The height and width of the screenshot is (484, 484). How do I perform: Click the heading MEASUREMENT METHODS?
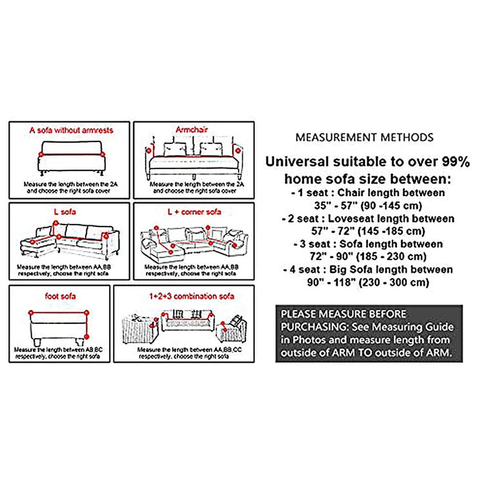[x=364, y=137]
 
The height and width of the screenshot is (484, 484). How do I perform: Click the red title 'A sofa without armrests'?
[x=71, y=130]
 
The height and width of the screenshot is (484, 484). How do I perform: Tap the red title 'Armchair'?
[x=192, y=130]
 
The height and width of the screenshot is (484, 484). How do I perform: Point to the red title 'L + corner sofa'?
[x=195, y=211]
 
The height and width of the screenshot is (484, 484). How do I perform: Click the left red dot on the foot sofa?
[x=30, y=313]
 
